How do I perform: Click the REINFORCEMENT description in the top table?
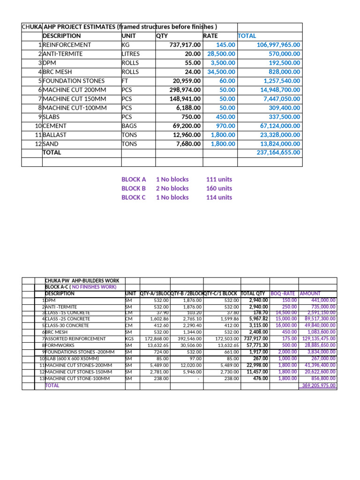coord(67,45)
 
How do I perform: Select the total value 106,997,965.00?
coord(279,45)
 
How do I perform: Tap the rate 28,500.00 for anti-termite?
coord(221,54)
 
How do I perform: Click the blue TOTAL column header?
coord(247,36)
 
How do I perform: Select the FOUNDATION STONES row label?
coord(74,81)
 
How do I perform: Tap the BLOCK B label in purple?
coord(134,188)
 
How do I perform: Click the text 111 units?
coord(219,180)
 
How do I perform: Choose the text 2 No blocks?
coord(172,188)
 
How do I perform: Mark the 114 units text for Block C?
coord(219,197)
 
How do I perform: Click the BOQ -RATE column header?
coord(283,293)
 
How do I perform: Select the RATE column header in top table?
coord(210,36)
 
